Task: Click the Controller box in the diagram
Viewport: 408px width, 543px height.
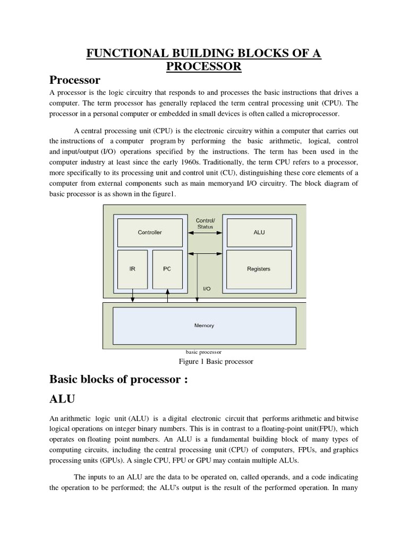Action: click(x=149, y=232)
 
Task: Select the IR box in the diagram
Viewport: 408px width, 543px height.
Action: click(x=132, y=269)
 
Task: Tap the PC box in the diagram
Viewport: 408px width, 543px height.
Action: click(x=167, y=269)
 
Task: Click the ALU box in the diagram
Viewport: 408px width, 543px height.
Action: click(x=259, y=232)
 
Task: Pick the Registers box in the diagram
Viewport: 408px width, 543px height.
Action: click(x=259, y=269)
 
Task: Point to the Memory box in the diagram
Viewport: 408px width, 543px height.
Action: click(x=204, y=326)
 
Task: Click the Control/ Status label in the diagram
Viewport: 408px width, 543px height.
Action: click(x=205, y=223)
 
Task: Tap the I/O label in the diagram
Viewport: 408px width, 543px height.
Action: click(x=207, y=289)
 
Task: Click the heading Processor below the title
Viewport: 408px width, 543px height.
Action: click(x=75, y=80)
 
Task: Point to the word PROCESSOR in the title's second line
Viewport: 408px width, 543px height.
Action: click(x=204, y=66)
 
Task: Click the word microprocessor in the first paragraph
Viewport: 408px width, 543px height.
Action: click(x=310, y=114)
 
